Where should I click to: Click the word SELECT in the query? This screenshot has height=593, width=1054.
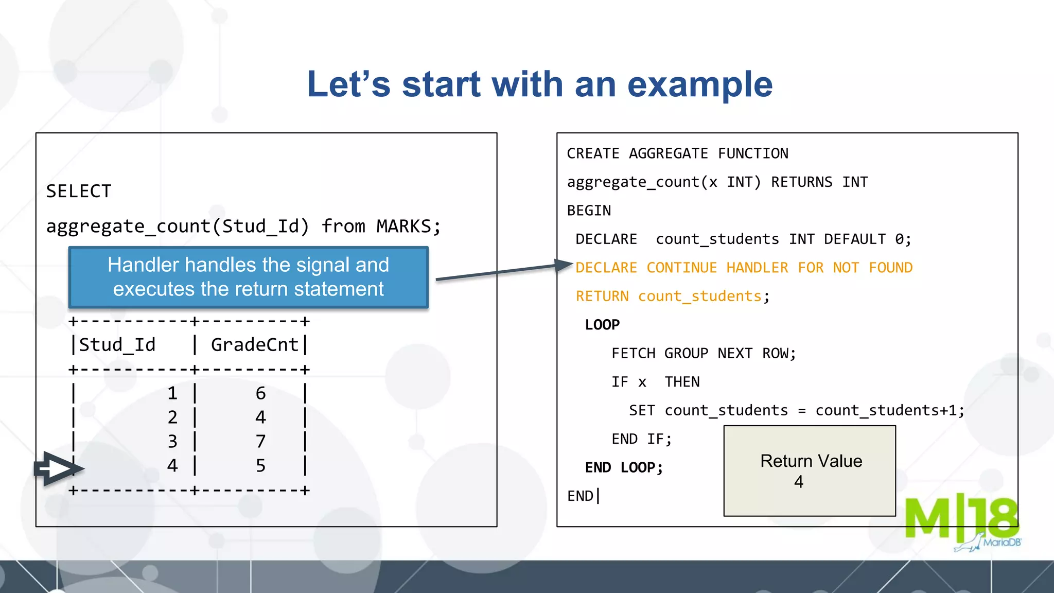click(79, 191)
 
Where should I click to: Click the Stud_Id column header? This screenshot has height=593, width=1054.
click(117, 345)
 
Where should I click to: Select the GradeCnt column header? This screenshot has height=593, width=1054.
click(254, 345)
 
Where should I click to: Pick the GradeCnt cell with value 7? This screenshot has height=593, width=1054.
click(260, 441)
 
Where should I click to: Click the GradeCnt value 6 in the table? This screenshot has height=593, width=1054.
click(260, 393)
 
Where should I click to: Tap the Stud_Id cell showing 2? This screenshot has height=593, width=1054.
click(172, 417)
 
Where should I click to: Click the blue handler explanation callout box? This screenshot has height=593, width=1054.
click(248, 277)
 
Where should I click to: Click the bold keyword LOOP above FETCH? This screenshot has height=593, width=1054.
click(602, 325)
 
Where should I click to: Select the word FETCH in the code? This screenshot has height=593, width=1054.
click(633, 354)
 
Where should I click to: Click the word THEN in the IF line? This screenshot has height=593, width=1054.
click(682, 382)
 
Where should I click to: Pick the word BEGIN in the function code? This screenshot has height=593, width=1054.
click(589, 211)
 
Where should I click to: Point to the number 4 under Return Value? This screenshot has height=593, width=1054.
click(798, 482)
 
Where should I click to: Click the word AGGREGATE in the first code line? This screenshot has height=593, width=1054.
click(668, 153)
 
